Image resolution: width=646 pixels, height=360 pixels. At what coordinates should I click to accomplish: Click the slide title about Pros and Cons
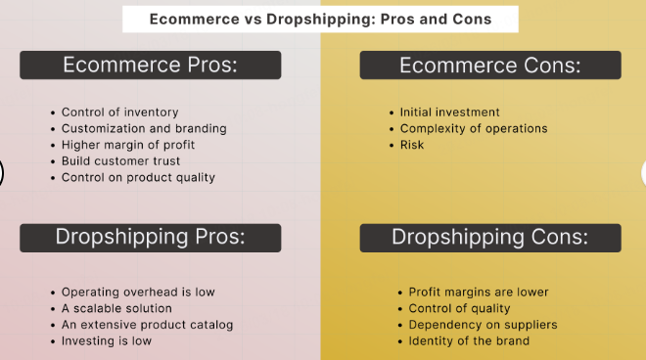click(x=320, y=19)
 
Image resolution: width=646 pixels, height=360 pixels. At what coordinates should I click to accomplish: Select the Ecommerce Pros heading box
click(x=151, y=65)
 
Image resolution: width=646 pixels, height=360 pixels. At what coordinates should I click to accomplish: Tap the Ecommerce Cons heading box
click(x=489, y=65)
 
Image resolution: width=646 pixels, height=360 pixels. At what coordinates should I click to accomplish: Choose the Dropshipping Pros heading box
click(x=151, y=237)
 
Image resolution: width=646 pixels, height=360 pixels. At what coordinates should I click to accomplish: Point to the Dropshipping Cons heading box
click(x=489, y=237)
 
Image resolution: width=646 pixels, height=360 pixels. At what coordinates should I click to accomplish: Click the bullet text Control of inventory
click(x=119, y=112)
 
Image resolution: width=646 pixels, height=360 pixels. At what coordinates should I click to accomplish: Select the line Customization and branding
click(x=144, y=128)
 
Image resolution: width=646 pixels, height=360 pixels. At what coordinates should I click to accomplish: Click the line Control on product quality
click(x=138, y=177)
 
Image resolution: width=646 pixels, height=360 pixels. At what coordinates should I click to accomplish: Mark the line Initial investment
click(x=450, y=112)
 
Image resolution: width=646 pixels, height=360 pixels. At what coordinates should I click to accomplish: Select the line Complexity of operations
click(x=474, y=128)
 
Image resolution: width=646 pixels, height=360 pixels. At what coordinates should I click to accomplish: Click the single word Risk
click(x=412, y=145)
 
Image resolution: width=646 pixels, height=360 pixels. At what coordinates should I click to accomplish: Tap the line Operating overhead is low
click(x=138, y=292)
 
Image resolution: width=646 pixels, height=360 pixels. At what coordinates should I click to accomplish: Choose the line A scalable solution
click(x=115, y=308)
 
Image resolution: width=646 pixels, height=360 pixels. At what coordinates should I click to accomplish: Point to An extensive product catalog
click(x=134, y=324)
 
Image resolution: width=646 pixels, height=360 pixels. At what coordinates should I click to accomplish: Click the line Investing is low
click(x=107, y=340)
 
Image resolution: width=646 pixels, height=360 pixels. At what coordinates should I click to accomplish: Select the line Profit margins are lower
click(x=479, y=292)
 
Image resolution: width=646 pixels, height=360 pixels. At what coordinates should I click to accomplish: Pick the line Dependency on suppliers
click(x=483, y=324)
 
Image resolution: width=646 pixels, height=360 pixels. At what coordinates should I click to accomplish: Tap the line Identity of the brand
click(x=469, y=340)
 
